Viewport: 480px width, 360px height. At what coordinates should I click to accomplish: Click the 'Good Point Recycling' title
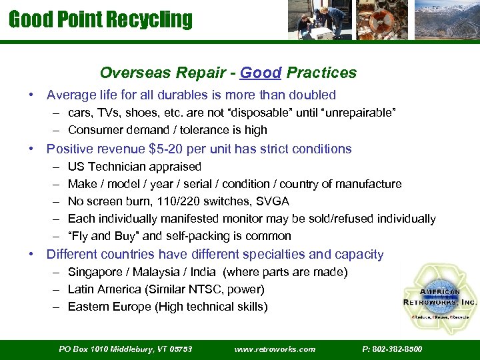[100, 19]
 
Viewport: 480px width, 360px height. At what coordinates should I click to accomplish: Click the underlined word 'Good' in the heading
[260, 73]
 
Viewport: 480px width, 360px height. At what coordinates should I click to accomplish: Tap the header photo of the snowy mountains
[446, 20]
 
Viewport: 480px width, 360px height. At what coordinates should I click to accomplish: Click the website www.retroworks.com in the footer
[275, 349]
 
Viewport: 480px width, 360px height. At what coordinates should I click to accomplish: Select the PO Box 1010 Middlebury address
[125, 349]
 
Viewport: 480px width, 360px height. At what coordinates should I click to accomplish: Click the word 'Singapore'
[95, 272]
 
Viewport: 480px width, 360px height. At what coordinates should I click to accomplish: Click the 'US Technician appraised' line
[134, 167]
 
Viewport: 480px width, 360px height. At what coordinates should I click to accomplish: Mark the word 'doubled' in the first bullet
[313, 95]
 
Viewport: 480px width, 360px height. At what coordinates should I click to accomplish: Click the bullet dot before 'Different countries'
[31, 255]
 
